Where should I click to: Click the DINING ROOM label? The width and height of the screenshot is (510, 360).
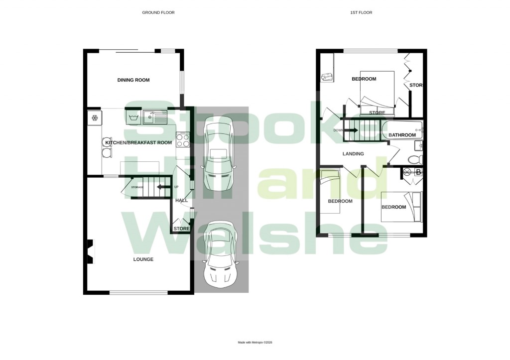(x=133, y=80)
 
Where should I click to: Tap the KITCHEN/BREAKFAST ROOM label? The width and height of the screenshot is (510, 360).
(x=138, y=143)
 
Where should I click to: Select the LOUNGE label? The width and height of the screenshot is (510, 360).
(x=143, y=259)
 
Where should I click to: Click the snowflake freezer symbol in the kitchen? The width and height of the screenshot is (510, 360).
(x=94, y=118)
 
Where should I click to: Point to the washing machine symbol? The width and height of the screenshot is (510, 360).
(x=133, y=118)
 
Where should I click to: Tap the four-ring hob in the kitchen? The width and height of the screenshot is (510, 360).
(x=182, y=139)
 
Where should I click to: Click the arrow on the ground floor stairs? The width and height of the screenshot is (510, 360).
(x=161, y=187)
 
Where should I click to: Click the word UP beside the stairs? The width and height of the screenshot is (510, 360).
(x=176, y=187)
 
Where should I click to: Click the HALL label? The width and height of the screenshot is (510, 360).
(x=181, y=200)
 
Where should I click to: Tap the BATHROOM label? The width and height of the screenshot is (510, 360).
(x=402, y=135)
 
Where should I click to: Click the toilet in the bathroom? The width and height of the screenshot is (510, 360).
(x=414, y=159)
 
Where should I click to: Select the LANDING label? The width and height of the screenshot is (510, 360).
(x=353, y=154)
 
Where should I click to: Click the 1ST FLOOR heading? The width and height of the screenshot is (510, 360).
(x=362, y=12)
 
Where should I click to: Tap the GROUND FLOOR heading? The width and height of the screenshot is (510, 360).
(x=158, y=12)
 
